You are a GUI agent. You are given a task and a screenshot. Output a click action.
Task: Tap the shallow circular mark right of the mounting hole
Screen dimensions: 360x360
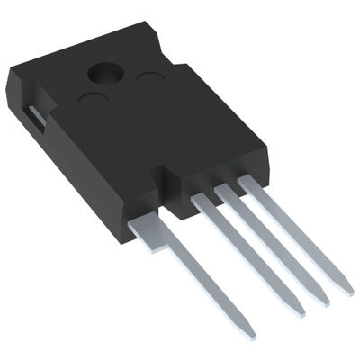(148, 83)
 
